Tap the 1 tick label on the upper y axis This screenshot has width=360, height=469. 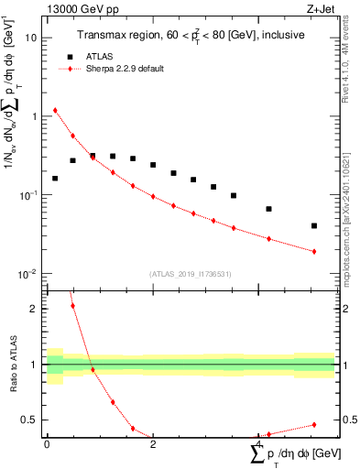[35, 117]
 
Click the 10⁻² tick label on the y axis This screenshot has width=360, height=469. [30, 275]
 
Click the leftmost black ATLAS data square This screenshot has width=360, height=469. [55, 178]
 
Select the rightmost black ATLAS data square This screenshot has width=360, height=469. [314, 225]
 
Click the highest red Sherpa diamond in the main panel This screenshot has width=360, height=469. [55, 111]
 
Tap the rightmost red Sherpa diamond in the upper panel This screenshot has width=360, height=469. [314, 251]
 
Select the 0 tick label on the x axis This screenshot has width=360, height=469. [47, 444]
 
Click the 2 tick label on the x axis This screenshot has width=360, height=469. [153, 444]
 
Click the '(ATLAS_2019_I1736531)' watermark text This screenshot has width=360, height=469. [191, 274]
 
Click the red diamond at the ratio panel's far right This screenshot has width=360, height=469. [314, 425]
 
